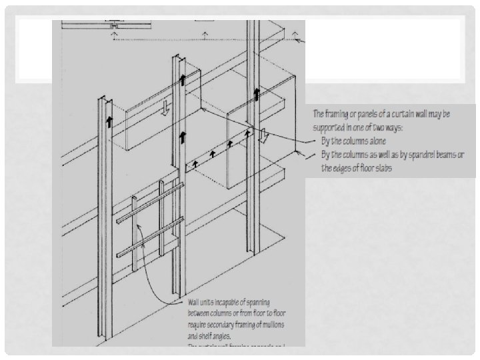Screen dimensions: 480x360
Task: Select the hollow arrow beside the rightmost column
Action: (x=264, y=136)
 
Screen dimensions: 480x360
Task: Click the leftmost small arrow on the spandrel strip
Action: (x=195, y=161)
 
